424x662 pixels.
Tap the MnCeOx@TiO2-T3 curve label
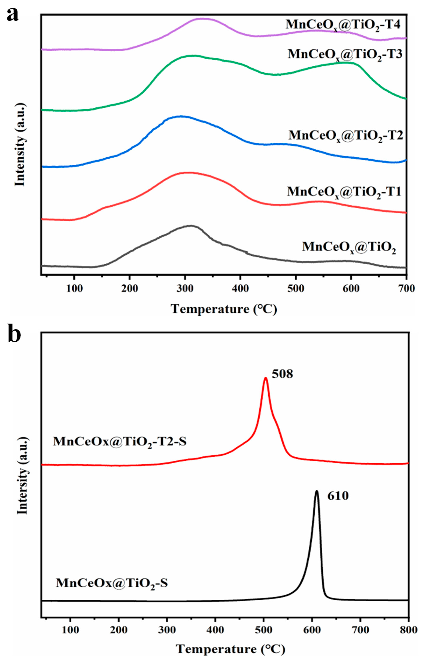pos(345,54)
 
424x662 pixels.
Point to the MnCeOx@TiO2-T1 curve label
pos(344,192)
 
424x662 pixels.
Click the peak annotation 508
pos(282,374)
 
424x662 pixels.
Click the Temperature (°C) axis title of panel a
pos(224,309)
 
